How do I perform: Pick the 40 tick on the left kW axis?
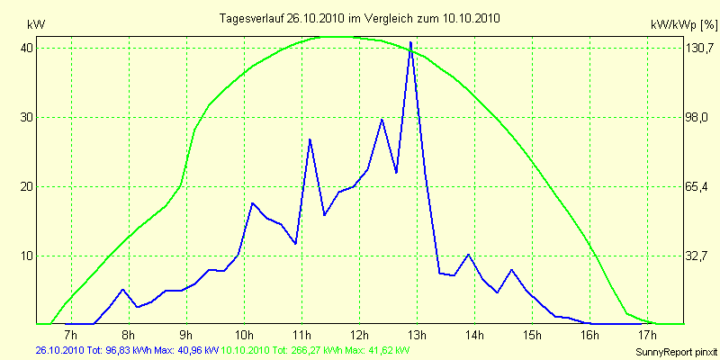[27, 49]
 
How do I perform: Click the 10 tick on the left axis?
[27, 256]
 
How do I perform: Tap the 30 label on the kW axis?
[27, 118]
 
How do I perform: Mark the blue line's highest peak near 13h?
[410, 42]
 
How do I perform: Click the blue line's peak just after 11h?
[310, 139]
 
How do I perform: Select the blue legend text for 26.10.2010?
[127, 349]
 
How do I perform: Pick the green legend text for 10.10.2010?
[315, 349]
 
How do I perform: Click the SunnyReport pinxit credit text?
[676, 349]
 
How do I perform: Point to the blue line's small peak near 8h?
[123, 289]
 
